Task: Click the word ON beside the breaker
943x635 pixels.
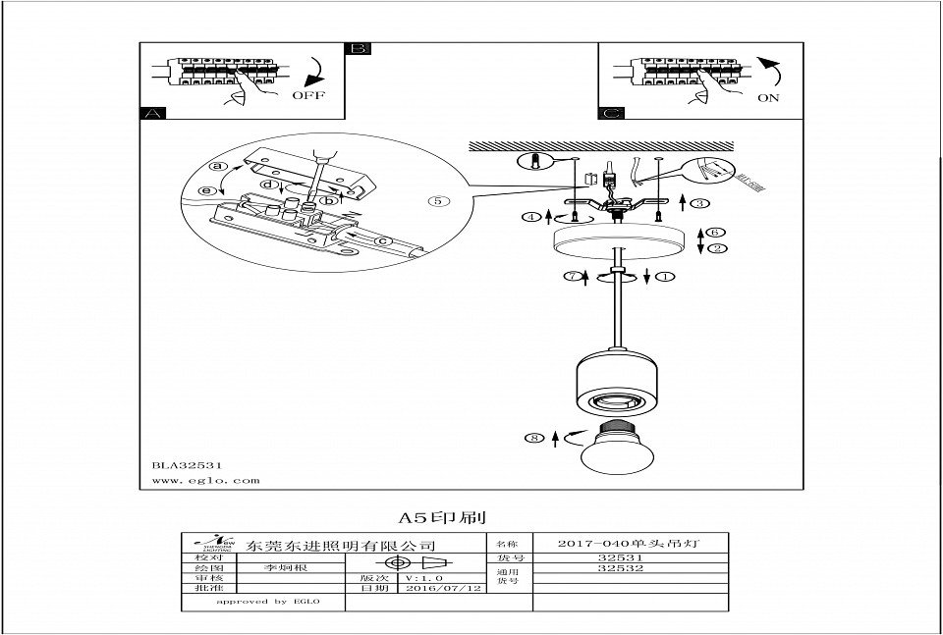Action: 770,98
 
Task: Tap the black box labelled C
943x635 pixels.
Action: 611,113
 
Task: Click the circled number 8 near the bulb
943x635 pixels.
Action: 534,439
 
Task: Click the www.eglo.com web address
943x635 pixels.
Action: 205,481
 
